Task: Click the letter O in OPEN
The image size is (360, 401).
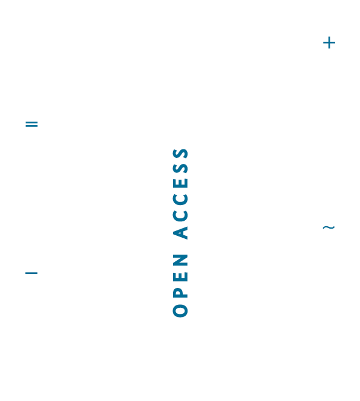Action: (x=180, y=311)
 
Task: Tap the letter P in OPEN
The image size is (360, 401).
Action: (x=180, y=293)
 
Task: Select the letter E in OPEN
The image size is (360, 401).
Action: (x=180, y=277)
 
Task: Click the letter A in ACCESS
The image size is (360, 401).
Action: (x=180, y=233)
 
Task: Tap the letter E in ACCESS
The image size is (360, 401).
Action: (x=180, y=183)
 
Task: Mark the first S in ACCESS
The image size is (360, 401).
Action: (x=180, y=168)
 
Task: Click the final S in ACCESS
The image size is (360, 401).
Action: (x=180, y=154)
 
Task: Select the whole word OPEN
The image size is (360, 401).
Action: (x=180, y=286)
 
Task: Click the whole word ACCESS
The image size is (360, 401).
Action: (x=180, y=194)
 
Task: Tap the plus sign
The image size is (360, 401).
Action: (x=329, y=43)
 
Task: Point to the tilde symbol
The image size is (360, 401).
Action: (x=329, y=227)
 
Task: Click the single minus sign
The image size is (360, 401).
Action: (x=31, y=273)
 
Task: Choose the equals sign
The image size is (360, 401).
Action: (x=31, y=124)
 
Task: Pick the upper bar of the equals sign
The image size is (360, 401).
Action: (x=31, y=122)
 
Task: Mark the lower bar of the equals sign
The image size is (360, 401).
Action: (x=31, y=126)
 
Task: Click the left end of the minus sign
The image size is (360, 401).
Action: (x=25, y=273)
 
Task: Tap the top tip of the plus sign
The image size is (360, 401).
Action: (x=329, y=37)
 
